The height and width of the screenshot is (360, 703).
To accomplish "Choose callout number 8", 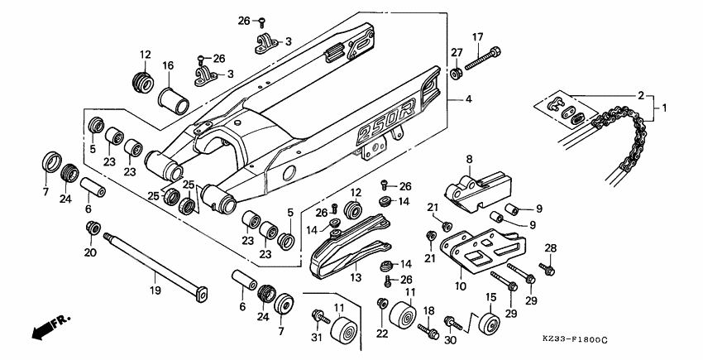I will [x=468, y=159].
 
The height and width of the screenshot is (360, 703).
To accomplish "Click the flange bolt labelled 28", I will [x=545, y=269].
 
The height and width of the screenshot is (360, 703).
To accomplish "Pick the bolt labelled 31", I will [x=318, y=317].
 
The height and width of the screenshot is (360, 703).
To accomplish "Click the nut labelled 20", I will [x=93, y=228].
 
